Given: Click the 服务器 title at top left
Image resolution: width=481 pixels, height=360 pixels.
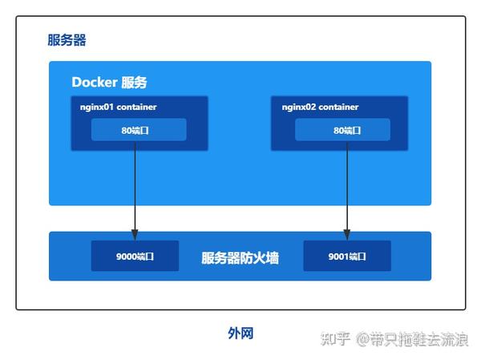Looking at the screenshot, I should click(67, 40).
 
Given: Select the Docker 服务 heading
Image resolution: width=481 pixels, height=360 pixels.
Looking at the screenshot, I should click(109, 83).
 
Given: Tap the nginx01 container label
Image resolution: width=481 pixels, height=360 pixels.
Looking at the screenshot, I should click(118, 107).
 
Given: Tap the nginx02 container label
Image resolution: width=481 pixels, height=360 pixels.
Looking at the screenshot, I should click(320, 107).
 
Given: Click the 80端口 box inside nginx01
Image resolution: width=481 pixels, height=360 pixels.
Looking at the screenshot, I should click(139, 129).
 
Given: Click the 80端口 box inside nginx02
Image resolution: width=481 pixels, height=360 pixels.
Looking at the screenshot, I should click(343, 129).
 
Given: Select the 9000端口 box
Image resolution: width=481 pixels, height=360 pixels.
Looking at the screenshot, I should click(135, 257).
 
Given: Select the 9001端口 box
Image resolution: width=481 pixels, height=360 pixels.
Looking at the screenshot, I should click(347, 257).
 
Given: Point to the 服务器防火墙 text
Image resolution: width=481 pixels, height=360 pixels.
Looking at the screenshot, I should click(240, 258).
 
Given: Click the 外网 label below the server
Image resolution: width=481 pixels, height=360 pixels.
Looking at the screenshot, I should click(240, 333).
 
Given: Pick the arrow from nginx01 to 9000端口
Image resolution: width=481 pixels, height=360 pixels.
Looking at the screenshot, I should click(135, 188).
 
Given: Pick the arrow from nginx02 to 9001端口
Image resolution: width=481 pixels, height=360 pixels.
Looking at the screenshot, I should click(347, 188).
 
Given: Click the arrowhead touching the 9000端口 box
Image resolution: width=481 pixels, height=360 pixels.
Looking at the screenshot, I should click(135, 235).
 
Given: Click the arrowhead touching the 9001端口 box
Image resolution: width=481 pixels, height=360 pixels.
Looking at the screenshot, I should click(347, 235).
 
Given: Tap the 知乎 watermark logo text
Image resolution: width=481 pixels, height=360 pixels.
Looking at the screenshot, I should click(335, 339).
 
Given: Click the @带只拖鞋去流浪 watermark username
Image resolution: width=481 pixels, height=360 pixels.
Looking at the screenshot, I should click(412, 339).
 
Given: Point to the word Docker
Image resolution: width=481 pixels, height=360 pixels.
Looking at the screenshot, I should click(95, 83).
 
